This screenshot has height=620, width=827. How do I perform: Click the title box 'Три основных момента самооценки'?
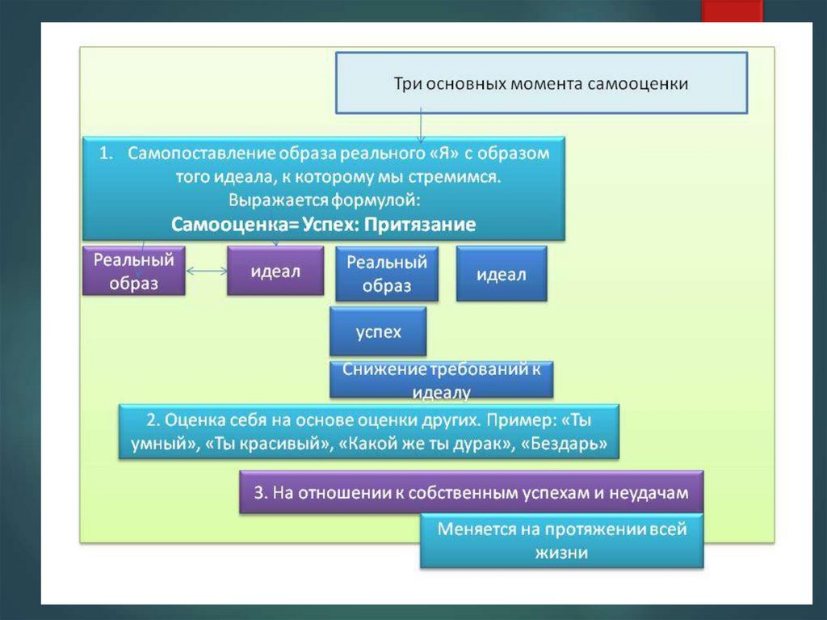point(541,82)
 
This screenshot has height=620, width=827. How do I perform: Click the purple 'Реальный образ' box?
point(134,272)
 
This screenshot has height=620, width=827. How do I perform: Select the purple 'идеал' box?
point(275,272)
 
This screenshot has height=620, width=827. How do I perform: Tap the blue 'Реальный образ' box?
point(387,274)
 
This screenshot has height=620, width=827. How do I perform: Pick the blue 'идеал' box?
point(501,274)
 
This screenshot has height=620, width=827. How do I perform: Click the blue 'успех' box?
point(378,331)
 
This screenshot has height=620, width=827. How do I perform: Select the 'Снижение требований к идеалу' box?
point(442,379)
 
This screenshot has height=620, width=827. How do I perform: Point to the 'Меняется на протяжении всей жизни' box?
point(561,541)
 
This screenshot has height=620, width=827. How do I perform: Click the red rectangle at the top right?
point(732,11)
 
